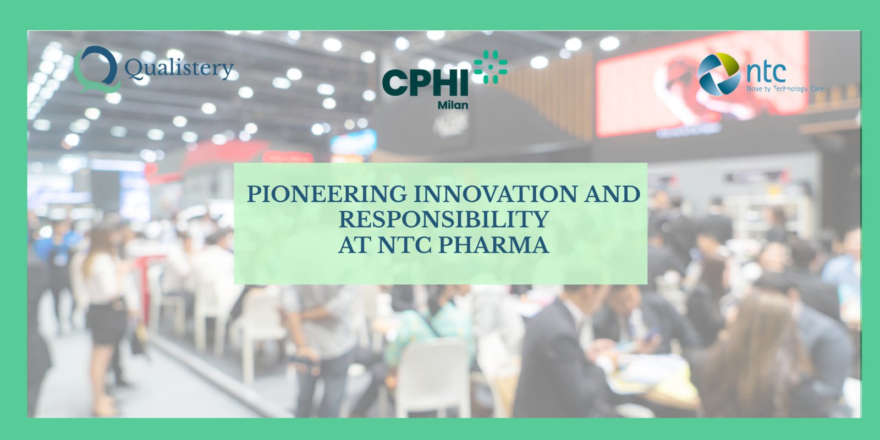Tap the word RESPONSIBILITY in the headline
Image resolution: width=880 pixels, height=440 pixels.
[443, 219]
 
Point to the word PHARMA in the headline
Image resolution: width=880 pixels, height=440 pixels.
[493, 245]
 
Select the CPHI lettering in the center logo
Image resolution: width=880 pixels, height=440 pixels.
[425, 83]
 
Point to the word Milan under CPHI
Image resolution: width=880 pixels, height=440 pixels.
[453, 105]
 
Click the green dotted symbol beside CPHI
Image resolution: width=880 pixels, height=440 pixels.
[490, 67]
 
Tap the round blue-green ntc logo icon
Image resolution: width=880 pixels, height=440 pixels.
[718, 74]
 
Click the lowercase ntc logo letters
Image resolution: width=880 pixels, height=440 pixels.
[766, 72]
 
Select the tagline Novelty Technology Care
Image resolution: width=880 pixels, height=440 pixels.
[785, 89]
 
